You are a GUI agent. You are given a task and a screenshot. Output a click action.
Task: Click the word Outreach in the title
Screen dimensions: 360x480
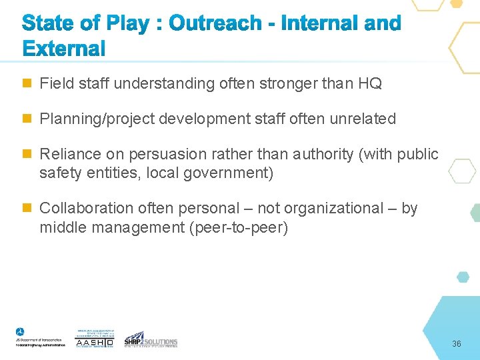[215, 23]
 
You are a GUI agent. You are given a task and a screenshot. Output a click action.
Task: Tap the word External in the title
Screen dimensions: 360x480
[64, 49]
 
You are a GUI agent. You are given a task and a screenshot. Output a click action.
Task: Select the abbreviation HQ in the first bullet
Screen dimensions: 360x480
[370, 83]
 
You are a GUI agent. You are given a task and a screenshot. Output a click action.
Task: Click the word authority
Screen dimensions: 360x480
[322, 155]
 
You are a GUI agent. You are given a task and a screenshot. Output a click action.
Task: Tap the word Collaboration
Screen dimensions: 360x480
[83, 209]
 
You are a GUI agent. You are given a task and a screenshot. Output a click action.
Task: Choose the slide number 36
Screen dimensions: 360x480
[457, 344]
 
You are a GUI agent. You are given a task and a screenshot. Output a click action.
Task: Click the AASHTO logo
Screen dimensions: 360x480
[95, 339]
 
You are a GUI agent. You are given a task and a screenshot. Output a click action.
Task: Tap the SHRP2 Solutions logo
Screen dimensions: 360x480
[151, 339]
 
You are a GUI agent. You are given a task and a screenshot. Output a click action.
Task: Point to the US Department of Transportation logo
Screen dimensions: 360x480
[40, 338]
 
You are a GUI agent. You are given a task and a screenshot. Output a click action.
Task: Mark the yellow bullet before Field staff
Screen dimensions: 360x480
[27, 83]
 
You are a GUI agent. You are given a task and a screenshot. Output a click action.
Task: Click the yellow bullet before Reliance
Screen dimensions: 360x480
[27, 154]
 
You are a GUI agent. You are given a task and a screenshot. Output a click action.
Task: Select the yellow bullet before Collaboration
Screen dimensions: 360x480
[27, 208]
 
